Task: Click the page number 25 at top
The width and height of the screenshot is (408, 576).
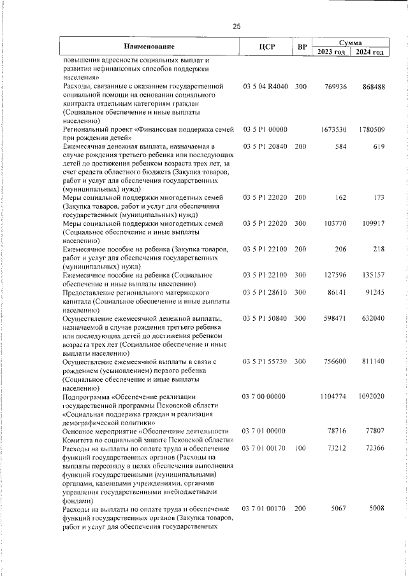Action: [x=237, y=26]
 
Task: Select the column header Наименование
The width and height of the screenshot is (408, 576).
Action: [x=149, y=48]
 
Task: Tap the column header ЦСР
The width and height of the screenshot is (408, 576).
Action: [x=266, y=48]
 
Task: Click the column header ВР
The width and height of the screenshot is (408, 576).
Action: [x=303, y=48]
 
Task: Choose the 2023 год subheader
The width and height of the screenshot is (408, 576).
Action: [x=331, y=52]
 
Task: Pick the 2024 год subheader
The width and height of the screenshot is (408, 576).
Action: [x=370, y=52]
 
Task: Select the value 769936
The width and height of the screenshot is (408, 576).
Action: [x=335, y=86]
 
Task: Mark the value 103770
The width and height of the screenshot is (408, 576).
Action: [x=335, y=224]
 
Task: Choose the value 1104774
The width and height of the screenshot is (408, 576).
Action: [x=333, y=397]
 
